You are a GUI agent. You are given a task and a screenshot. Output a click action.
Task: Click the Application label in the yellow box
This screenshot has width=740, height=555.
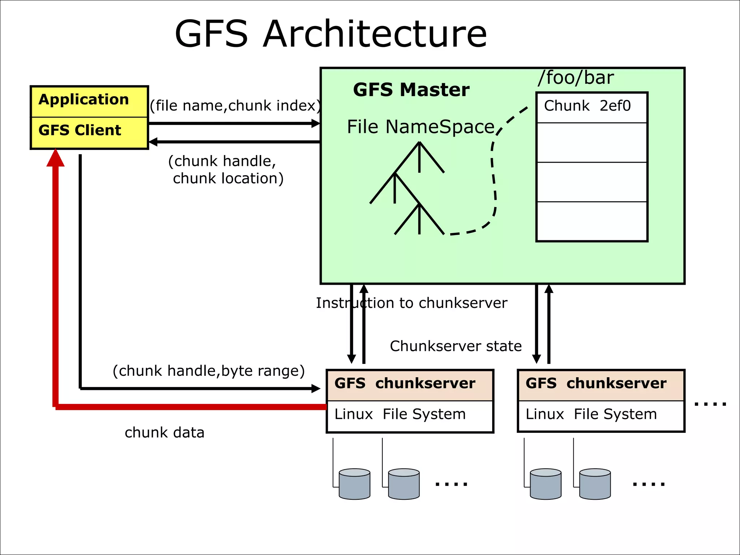[x=83, y=99]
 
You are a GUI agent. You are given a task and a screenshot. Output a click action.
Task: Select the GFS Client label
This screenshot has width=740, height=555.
[x=79, y=130]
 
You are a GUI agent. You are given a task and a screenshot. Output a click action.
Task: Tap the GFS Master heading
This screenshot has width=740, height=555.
[x=411, y=90]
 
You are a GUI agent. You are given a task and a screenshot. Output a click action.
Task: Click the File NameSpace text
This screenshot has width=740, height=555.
[x=420, y=127]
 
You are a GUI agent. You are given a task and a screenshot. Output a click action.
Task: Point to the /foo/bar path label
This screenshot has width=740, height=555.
[x=575, y=78]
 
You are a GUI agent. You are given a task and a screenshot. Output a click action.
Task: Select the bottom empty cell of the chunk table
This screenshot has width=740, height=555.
[x=591, y=221]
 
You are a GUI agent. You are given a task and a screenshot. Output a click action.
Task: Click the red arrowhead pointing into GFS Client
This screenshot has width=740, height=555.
[x=55, y=158]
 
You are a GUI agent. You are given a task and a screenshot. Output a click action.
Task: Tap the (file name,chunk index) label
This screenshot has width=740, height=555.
[x=235, y=106]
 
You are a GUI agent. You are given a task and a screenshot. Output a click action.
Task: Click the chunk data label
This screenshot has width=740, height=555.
[x=164, y=433]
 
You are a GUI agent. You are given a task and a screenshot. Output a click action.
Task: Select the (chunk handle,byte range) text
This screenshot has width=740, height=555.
[x=208, y=371]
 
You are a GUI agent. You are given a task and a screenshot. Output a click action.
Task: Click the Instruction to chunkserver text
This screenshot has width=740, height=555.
[x=411, y=303]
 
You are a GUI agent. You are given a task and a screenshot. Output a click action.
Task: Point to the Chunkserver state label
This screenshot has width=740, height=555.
[x=456, y=346]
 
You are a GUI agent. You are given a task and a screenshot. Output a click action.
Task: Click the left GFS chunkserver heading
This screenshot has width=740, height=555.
[x=405, y=383]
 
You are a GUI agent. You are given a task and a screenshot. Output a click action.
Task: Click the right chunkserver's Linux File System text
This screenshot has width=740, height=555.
[x=591, y=414]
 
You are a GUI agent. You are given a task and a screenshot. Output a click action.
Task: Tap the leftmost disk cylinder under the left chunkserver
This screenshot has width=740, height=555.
[x=354, y=484]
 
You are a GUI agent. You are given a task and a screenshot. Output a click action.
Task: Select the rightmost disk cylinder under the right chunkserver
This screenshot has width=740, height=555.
[x=595, y=484]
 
